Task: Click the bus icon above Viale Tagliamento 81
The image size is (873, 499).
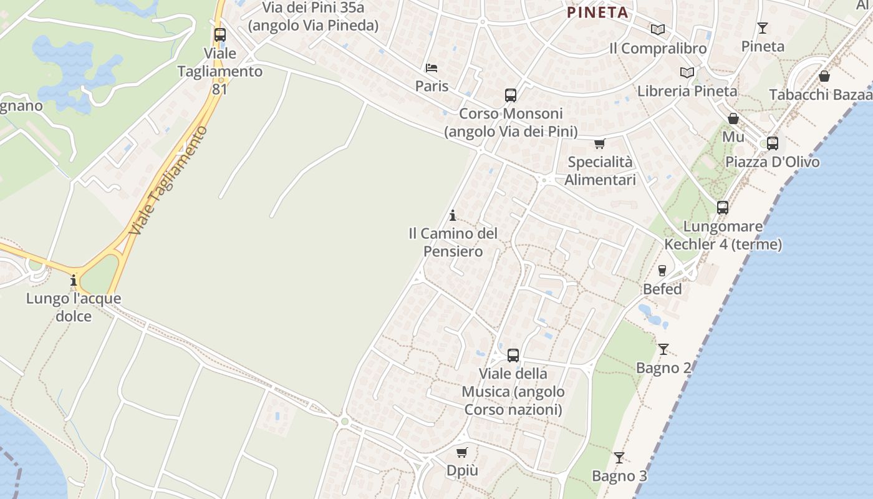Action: click(x=219, y=35)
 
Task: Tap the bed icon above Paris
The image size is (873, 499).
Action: click(x=432, y=67)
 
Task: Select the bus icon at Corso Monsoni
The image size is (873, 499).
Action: click(x=511, y=95)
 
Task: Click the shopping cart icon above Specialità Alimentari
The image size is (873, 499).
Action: click(x=599, y=144)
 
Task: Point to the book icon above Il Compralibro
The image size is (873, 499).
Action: click(x=657, y=29)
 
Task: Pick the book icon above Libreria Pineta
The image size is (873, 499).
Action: click(x=687, y=72)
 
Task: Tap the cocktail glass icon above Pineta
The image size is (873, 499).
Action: click(x=762, y=27)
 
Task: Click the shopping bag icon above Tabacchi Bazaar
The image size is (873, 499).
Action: click(x=824, y=76)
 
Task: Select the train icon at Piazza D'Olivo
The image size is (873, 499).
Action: click(x=772, y=143)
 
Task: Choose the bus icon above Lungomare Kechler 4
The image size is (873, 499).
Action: click(x=722, y=208)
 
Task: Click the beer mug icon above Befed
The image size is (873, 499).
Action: click(x=662, y=271)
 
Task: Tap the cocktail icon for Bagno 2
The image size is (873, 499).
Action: click(x=663, y=349)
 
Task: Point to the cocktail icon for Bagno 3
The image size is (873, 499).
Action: click(x=619, y=458)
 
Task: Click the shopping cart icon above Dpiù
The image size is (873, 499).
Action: click(x=461, y=452)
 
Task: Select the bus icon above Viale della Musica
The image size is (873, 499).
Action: click(x=513, y=356)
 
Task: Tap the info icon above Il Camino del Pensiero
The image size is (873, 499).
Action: click(x=452, y=215)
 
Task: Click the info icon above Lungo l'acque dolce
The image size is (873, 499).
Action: click(x=74, y=280)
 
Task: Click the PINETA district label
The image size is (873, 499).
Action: click(x=597, y=12)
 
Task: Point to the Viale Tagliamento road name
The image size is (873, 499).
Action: click(x=168, y=181)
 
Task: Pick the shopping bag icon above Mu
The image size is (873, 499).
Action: click(x=733, y=119)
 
